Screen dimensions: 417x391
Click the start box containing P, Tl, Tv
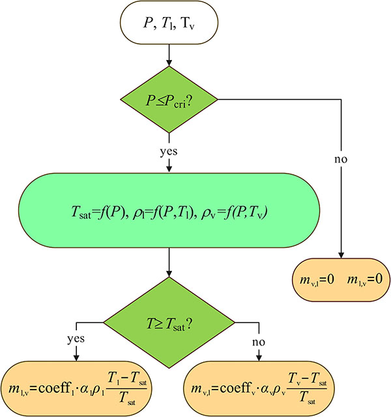pyautogui.click(x=169, y=23)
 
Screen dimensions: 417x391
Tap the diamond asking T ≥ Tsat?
pyautogui.click(x=169, y=321)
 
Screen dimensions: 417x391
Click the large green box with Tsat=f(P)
pyautogui.click(x=169, y=211)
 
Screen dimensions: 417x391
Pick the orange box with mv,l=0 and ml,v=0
pyautogui.click(x=340, y=279)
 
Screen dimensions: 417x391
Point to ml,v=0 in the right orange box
pyautogui.click(x=367, y=279)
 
